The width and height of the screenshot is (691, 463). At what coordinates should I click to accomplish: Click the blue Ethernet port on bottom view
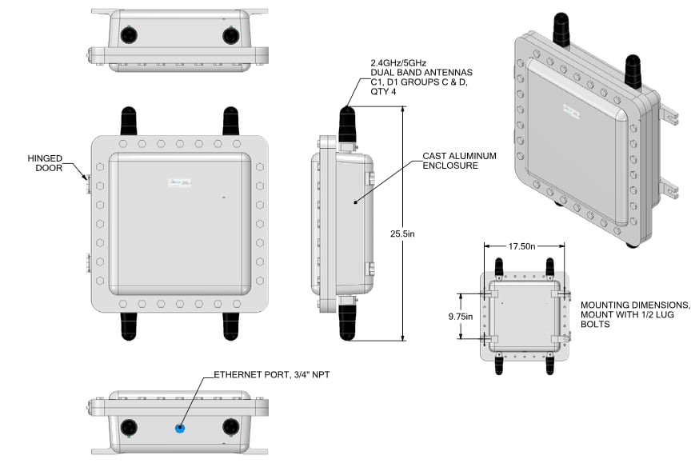click(x=180, y=429)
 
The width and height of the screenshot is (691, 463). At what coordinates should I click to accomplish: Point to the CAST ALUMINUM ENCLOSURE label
click(x=461, y=160)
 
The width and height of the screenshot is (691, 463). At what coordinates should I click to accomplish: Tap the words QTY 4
click(x=381, y=92)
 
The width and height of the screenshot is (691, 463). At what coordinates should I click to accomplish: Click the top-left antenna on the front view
click(x=127, y=121)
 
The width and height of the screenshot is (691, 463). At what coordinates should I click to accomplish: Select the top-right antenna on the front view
click(x=230, y=121)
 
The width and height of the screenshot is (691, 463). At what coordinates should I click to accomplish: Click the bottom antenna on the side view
click(x=346, y=320)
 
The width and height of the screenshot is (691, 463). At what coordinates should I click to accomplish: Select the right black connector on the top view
click(x=230, y=35)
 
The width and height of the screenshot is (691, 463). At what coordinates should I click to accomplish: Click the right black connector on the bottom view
click(x=230, y=426)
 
